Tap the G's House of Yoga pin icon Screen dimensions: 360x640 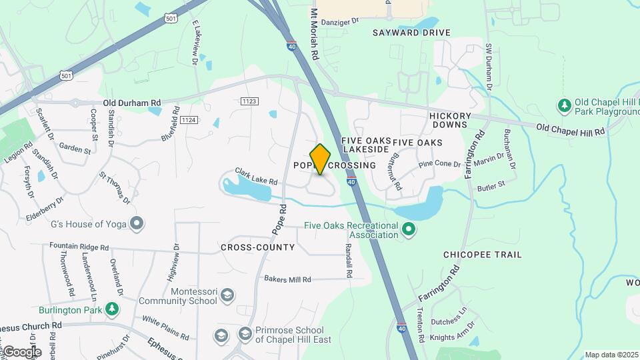[137, 223]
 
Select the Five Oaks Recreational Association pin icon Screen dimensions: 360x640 [409, 231]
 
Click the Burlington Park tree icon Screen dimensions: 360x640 [113, 309]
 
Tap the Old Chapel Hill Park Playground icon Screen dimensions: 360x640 [565, 105]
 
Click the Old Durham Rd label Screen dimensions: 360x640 [132, 103]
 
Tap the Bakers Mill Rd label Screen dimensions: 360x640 [287, 279]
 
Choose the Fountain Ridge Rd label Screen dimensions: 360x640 [79, 247]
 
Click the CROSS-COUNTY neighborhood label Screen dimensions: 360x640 [257, 247]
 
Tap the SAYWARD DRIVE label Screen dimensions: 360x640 [411, 33]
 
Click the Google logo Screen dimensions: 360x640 [21, 351]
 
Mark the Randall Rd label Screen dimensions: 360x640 [348, 260]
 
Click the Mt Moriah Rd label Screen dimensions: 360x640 [314, 35]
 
